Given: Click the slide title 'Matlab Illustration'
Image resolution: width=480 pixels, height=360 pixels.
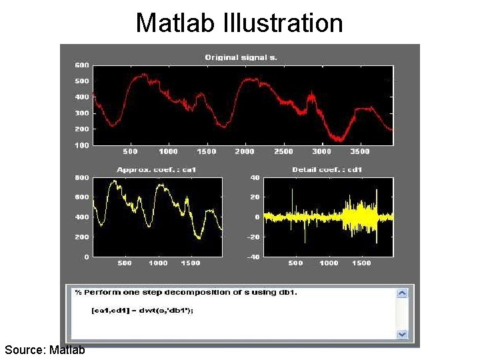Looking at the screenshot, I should [239, 23].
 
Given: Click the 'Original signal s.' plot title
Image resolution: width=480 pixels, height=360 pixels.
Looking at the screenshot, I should [241, 57].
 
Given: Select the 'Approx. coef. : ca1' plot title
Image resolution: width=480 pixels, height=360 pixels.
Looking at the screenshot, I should [157, 170].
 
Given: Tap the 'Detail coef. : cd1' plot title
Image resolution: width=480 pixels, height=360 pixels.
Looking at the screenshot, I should [327, 170].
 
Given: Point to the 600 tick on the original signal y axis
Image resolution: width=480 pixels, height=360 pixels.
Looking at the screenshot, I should [81, 65].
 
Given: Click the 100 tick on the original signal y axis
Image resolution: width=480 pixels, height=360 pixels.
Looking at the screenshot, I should [81, 145].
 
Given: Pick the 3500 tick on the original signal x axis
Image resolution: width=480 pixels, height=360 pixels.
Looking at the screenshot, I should [359, 152].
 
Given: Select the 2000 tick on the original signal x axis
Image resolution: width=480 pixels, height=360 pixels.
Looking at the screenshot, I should [245, 152].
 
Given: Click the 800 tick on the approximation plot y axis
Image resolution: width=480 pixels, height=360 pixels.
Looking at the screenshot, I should [81, 178].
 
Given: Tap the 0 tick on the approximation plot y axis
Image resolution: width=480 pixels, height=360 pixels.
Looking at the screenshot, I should [86, 257].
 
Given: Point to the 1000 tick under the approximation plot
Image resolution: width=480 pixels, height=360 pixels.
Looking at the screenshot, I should [158, 263].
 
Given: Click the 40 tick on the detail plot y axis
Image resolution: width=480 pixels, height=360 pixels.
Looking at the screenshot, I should [255, 178].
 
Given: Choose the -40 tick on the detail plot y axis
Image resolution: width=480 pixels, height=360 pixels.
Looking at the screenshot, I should [253, 257].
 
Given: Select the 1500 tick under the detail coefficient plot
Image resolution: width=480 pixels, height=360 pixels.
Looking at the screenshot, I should [361, 263].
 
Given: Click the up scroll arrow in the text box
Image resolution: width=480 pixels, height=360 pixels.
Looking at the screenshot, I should [402, 293].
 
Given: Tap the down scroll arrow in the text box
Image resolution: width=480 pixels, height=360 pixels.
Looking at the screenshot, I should [402, 334].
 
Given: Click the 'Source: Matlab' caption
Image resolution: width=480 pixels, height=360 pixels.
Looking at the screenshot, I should [45, 349].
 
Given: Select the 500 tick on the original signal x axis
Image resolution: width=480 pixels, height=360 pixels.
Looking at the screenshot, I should [130, 152].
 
